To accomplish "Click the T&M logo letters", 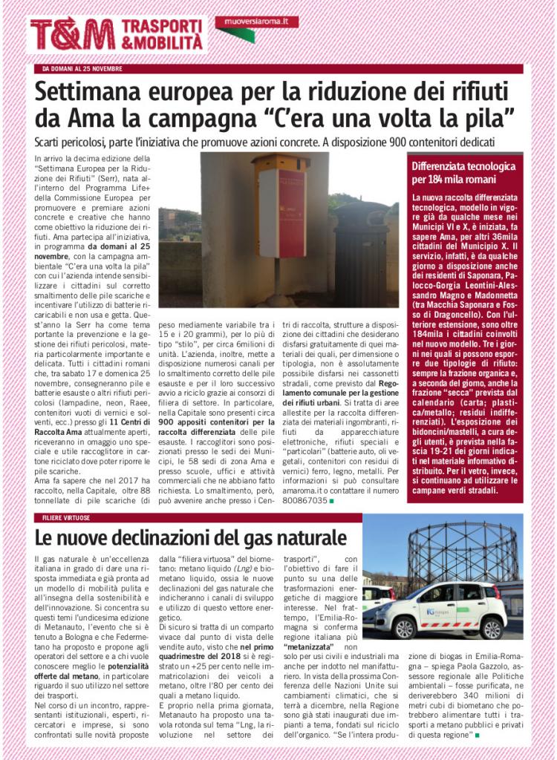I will pyautogui.click(x=72, y=35).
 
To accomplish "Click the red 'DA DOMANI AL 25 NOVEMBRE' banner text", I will pyautogui.click(x=82, y=68).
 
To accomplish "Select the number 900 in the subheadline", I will pyautogui.click(x=402, y=141).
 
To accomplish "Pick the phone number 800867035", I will pyautogui.click(x=295, y=501).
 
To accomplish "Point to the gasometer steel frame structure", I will pyautogui.click(x=460, y=553).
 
